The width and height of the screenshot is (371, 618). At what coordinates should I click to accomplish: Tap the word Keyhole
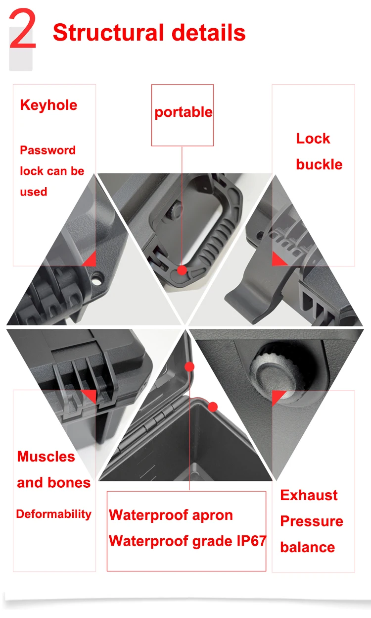(48, 105)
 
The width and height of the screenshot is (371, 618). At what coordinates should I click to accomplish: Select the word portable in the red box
(183, 112)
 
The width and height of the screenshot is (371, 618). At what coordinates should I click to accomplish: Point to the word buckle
(319, 164)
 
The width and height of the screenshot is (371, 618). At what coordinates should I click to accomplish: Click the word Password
(47, 150)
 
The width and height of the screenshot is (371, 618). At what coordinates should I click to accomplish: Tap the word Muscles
(46, 457)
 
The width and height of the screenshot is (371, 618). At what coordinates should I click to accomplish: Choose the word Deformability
(53, 514)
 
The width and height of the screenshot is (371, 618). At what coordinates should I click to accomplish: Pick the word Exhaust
(309, 495)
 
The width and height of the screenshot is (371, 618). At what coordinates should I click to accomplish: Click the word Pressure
(312, 521)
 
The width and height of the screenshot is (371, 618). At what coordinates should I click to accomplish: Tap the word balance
(307, 547)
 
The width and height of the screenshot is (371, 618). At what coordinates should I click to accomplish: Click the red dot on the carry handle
(182, 270)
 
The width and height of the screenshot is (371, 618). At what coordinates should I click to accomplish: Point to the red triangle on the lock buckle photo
(278, 258)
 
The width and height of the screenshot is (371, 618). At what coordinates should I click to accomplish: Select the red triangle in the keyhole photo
(90, 259)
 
